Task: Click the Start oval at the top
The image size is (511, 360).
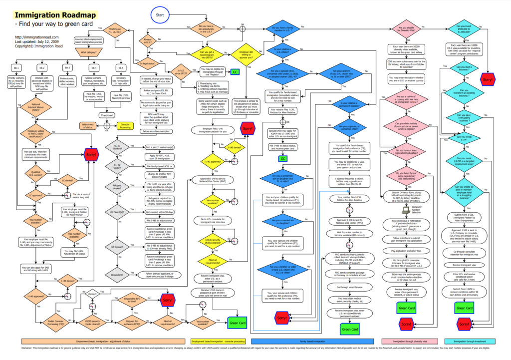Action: pyautogui.click(x=160, y=15)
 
